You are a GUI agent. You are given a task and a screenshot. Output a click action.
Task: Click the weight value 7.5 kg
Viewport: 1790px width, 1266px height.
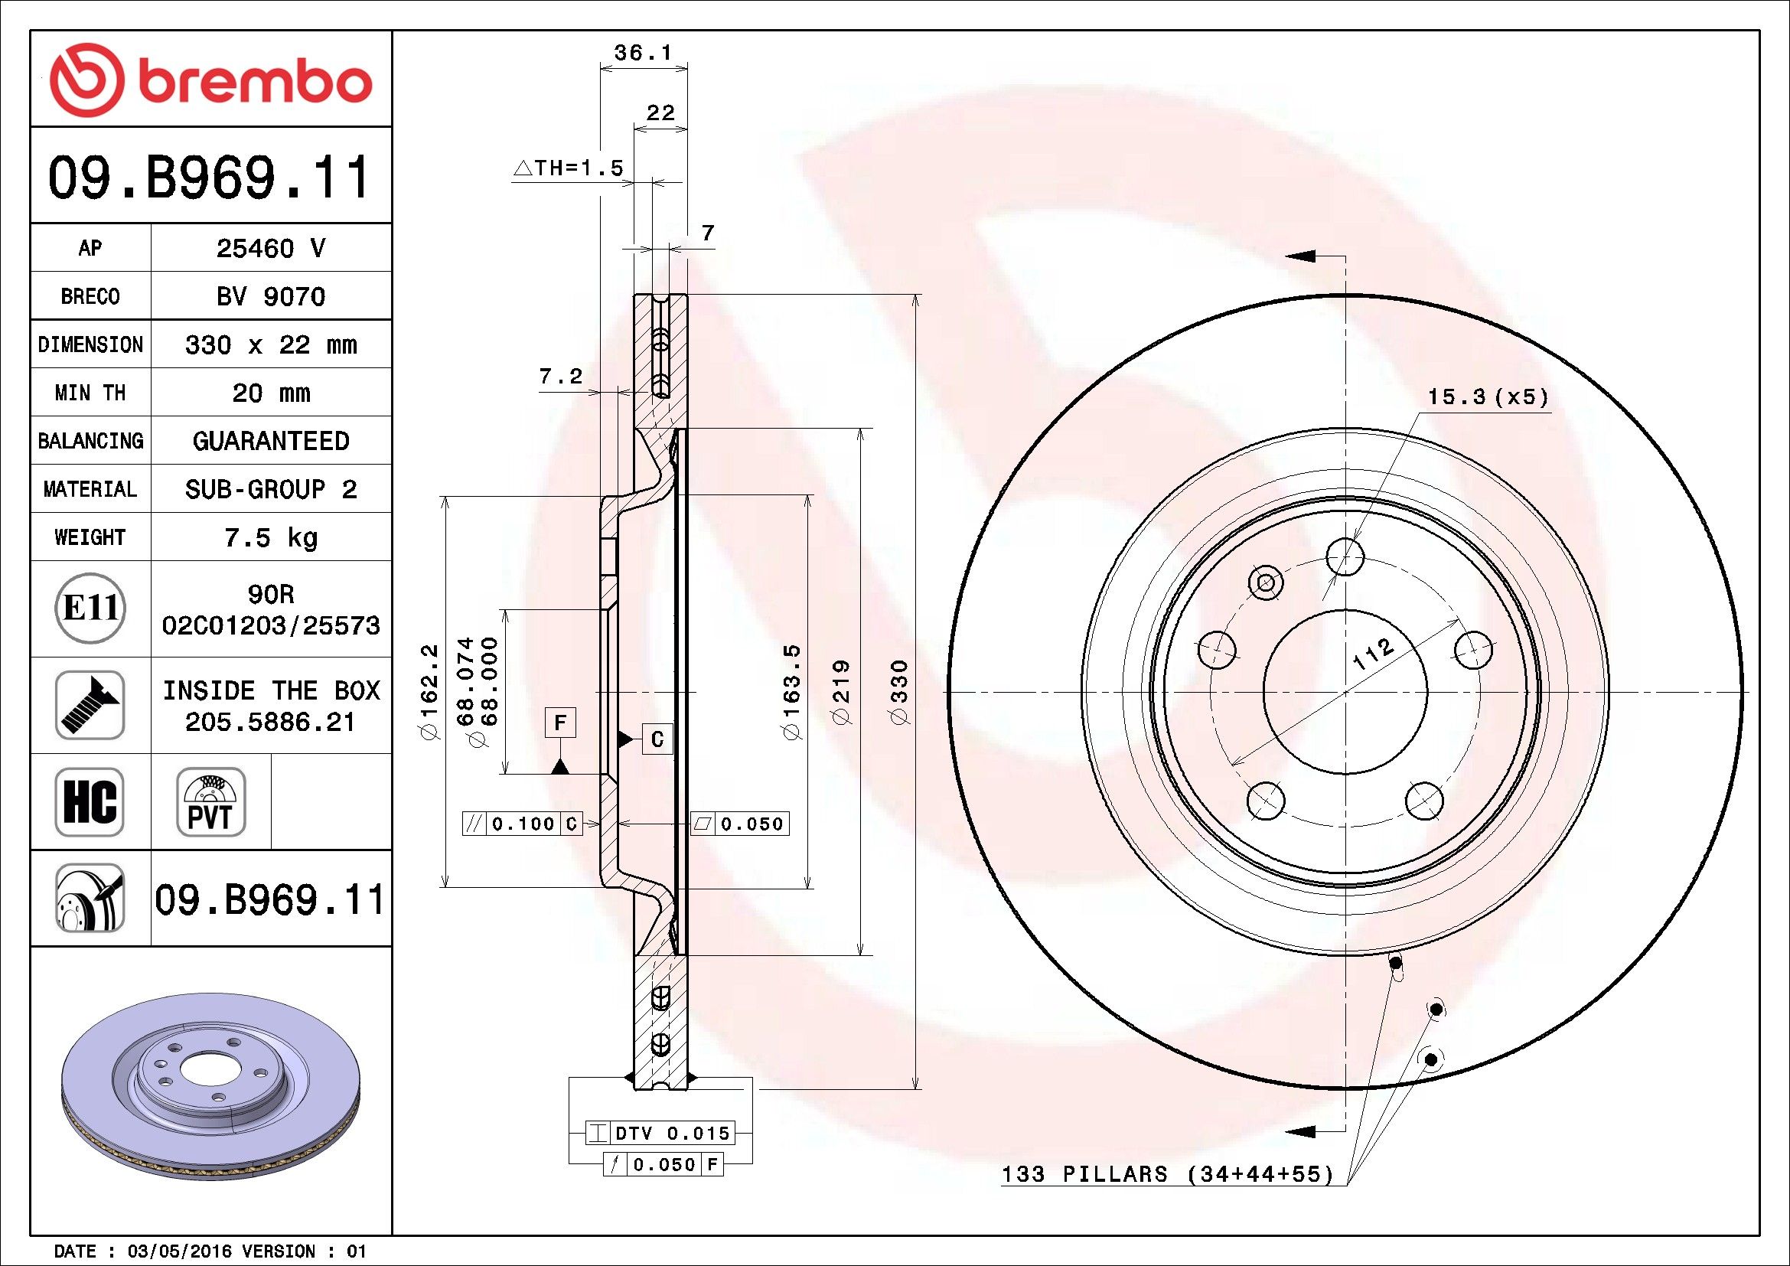[x=270, y=537]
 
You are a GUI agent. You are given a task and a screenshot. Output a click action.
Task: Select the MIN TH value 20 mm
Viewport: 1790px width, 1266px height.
[x=270, y=393]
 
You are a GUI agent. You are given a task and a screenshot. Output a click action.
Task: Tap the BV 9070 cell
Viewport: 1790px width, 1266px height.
[x=270, y=296]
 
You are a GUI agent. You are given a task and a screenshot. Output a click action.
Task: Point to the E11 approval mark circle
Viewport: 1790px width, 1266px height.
[x=90, y=609]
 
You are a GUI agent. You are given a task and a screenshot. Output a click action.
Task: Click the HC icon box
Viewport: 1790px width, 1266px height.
[x=90, y=801]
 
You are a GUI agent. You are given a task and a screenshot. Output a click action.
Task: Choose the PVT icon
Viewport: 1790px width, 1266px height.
[x=211, y=801]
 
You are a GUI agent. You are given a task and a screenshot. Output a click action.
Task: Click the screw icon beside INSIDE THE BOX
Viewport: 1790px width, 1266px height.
[x=90, y=705]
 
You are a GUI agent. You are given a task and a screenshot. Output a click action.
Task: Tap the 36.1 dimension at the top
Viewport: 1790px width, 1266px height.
[x=642, y=53]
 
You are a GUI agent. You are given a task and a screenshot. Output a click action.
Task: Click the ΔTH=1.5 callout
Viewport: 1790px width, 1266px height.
[x=569, y=168]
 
